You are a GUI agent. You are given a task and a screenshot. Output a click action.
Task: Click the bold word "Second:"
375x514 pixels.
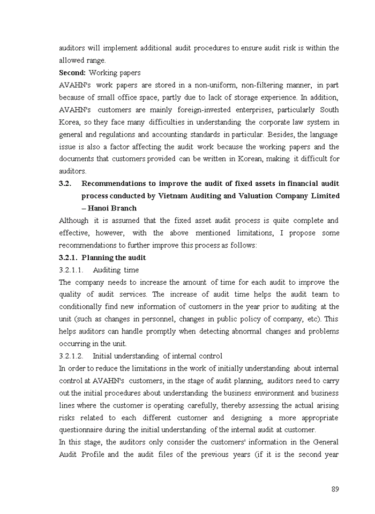click(72, 73)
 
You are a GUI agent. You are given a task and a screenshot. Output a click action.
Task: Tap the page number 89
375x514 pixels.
click(335, 489)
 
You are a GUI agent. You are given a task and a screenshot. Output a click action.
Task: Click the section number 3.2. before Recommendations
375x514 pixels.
click(65, 184)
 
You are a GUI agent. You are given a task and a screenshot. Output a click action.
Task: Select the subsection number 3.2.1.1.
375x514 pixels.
click(71, 270)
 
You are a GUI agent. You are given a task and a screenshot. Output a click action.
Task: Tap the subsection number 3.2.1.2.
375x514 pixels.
click(71, 356)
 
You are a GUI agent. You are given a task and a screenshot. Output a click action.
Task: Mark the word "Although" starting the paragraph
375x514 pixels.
click(74, 221)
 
